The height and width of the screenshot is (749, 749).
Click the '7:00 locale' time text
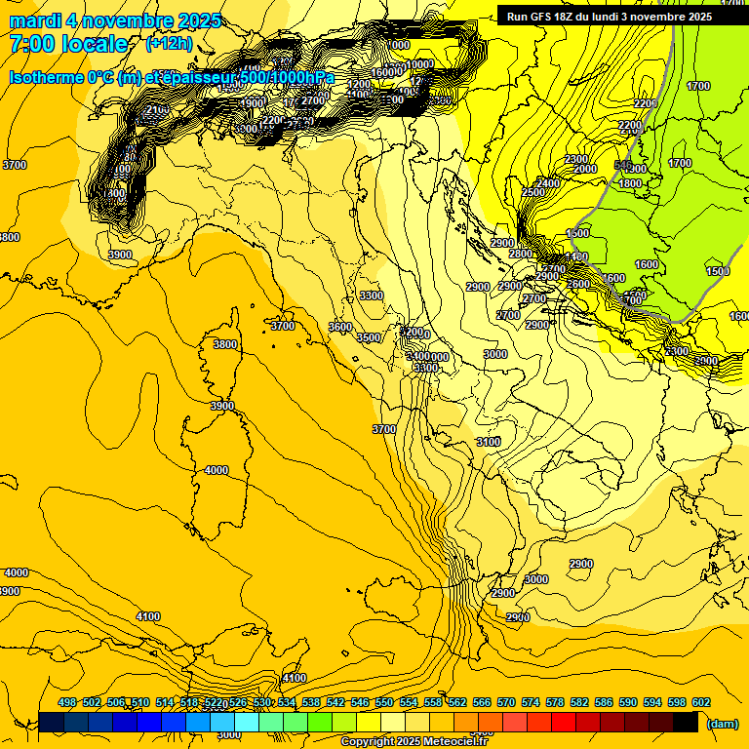[x=68, y=44]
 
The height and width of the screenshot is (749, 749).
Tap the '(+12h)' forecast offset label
[x=169, y=44]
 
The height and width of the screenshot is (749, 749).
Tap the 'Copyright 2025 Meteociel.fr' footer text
[x=413, y=741]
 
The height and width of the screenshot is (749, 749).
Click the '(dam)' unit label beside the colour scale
[x=721, y=724]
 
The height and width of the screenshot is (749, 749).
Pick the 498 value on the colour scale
[x=67, y=702]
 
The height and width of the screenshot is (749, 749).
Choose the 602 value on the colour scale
[x=701, y=702]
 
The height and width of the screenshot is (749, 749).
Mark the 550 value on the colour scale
[x=384, y=702]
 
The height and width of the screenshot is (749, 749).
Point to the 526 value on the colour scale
[x=238, y=702]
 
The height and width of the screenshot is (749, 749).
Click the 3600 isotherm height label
[x=340, y=327]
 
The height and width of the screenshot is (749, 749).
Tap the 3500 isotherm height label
[x=369, y=337]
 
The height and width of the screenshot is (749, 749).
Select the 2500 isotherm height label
[x=532, y=193]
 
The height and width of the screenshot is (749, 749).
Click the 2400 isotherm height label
[x=548, y=183]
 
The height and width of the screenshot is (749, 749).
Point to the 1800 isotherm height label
[x=630, y=183]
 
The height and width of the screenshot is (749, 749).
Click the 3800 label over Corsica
[x=224, y=344]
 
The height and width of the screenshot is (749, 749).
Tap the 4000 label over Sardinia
[x=217, y=470]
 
